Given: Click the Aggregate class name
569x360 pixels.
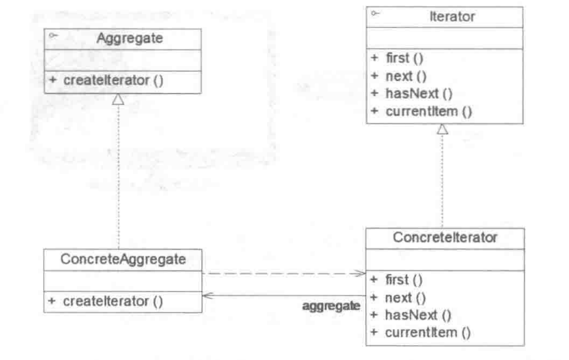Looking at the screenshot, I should (130, 38).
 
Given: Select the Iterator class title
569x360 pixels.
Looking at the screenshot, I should (446, 16).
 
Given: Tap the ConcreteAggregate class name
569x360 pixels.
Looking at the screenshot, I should (122, 259).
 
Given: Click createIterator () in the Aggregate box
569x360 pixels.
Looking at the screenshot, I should (106, 80).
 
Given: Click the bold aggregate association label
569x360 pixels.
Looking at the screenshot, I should (332, 306).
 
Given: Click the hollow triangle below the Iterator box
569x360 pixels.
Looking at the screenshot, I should (442, 129).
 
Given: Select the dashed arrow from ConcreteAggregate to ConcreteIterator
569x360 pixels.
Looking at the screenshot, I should (284, 273).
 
